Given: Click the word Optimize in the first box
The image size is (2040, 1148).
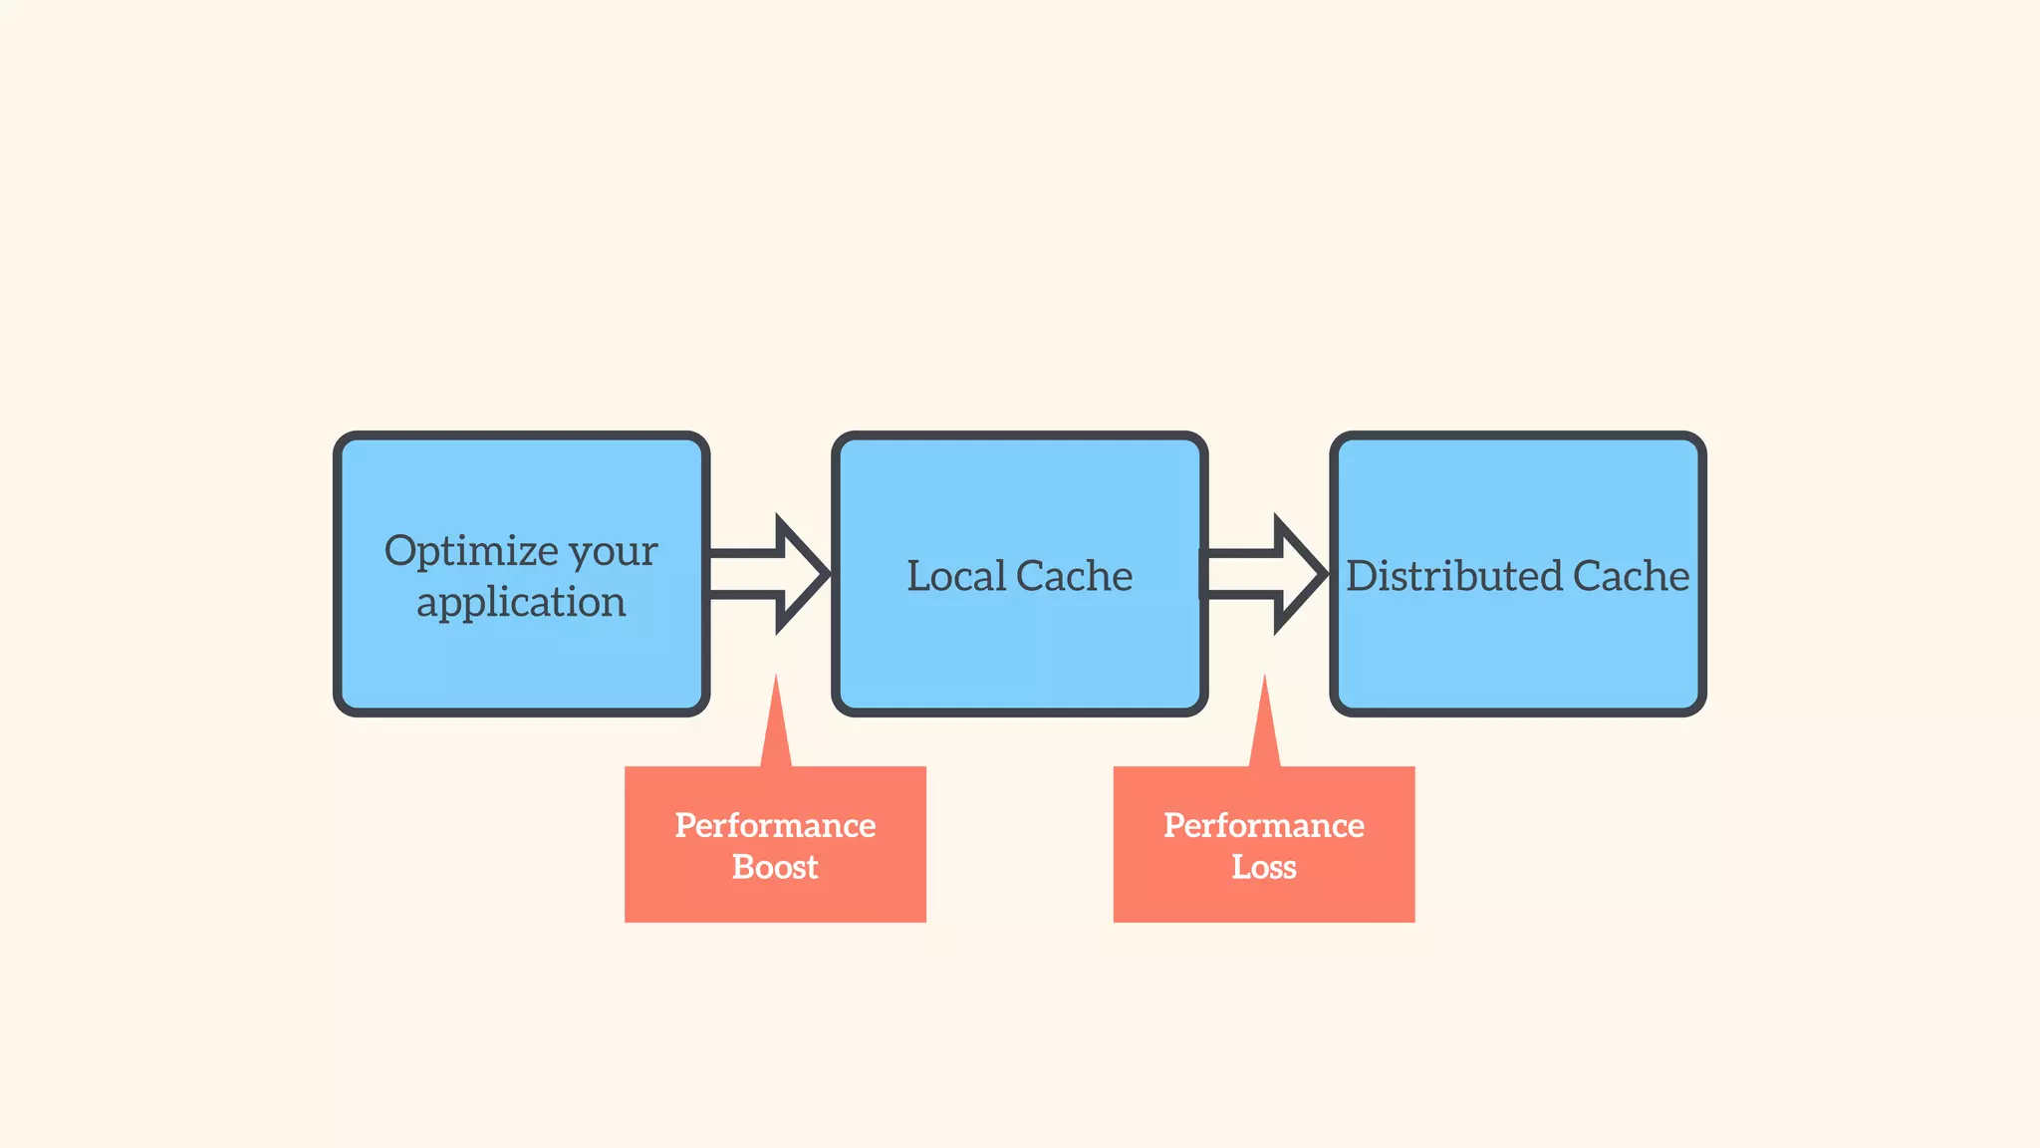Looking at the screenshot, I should point(471,551).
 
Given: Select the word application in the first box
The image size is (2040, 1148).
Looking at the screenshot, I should point(521,603).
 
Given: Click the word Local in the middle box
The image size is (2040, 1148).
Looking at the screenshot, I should point(955,576).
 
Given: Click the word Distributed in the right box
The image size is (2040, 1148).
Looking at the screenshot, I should point(1454,576).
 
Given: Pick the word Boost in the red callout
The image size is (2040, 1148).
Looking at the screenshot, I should point(775,867).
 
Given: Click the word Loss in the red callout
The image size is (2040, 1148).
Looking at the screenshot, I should point(1264,867).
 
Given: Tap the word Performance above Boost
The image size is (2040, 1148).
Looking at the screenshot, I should point(775,825).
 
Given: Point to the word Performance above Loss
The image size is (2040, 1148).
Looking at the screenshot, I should point(1264,825).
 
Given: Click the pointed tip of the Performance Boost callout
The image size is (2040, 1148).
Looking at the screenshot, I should point(776,678).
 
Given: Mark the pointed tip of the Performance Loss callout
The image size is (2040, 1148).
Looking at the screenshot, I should point(1265,678).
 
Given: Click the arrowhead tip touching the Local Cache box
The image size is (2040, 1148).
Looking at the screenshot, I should point(826,574).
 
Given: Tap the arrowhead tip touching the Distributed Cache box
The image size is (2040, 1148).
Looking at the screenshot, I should point(1324,574).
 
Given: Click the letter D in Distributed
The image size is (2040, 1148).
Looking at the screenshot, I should point(1363,576).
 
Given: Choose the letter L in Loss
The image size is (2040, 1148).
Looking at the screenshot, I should point(1242,867).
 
